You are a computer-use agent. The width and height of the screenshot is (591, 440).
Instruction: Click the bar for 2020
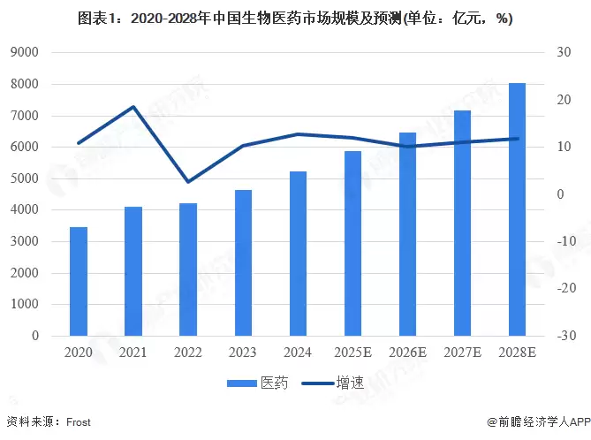click(79, 281)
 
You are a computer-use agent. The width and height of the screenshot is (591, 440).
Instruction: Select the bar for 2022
click(188, 269)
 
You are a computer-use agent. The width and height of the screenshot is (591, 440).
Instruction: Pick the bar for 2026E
click(407, 234)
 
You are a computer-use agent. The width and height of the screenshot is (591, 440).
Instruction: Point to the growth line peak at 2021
click(133, 107)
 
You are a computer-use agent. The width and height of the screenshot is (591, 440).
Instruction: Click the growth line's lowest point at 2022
click(188, 182)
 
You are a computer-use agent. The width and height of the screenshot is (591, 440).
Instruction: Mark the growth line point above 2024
click(298, 134)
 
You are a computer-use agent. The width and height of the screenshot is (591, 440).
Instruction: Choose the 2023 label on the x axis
click(243, 352)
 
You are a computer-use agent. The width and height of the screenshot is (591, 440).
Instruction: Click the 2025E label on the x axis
click(352, 352)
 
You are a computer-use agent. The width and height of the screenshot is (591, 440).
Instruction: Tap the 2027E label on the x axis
click(462, 352)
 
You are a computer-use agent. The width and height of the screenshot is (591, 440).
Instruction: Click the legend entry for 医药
click(256, 383)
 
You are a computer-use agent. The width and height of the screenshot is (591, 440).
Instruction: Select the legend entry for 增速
click(332, 383)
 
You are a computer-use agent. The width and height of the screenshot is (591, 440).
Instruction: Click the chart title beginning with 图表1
click(295, 18)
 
